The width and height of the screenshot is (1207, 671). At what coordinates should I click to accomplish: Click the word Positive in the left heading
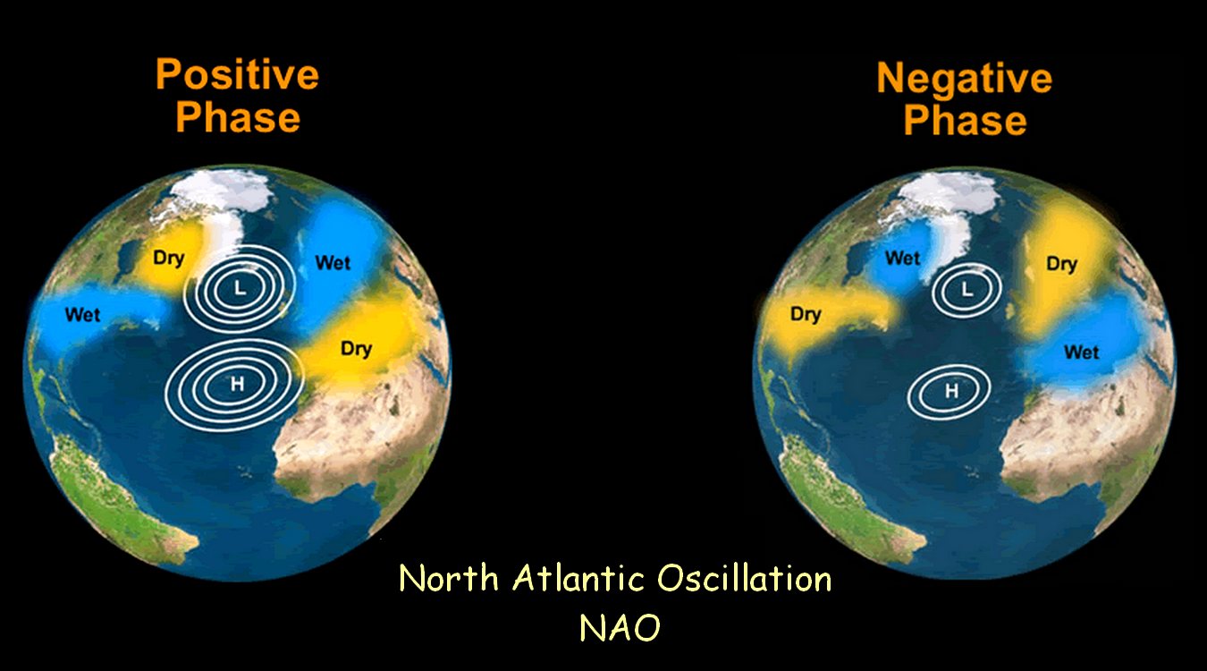pyautogui.click(x=238, y=75)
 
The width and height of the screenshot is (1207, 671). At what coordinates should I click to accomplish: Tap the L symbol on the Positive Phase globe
pyautogui.click(x=240, y=289)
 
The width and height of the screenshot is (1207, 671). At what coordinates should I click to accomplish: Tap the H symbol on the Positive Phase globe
pyautogui.click(x=237, y=384)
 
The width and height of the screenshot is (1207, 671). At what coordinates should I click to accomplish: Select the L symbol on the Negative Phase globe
pyautogui.click(x=967, y=290)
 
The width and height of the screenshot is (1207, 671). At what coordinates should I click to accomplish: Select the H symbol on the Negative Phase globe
pyautogui.click(x=951, y=391)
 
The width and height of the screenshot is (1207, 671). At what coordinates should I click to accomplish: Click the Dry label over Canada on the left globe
pyautogui.click(x=169, y=259)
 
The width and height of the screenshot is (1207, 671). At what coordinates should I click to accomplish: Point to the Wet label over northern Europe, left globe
pyautogui.click(x=333, y=263)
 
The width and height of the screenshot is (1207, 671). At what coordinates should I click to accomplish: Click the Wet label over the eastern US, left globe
pyautogui.click(x=82, y=314)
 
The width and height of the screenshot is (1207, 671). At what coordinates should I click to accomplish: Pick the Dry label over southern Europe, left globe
pyautogui.click(x=356, y=349)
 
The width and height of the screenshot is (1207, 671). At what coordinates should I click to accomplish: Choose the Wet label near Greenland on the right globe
pyautogui.click(x=902, y=259)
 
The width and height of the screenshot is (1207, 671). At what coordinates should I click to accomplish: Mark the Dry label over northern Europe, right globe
pyautogui.click(x=1061, y=264)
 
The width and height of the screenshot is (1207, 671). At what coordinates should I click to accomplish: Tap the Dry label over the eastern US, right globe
pyautogui.click(x=806, y=314)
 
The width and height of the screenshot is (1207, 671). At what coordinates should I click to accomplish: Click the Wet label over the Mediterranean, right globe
pyautogui.click(x=1082, y=352)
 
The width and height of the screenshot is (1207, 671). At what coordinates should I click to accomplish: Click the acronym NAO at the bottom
pyautogui.click(x=620, y=627)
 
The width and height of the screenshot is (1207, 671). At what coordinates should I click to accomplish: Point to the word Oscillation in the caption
pyautogui.click(x=744, y=578)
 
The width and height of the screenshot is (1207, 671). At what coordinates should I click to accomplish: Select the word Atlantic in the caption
pyautogui.click(x=579, y=578)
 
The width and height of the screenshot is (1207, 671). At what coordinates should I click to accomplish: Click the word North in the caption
pyautogui.click(x=449, y=578)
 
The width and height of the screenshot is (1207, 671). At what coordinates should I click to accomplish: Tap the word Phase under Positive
pyautogui.click(x=238, y=117)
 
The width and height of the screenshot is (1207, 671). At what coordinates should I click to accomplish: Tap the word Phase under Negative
pyautogui.click(x=965, y=120)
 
